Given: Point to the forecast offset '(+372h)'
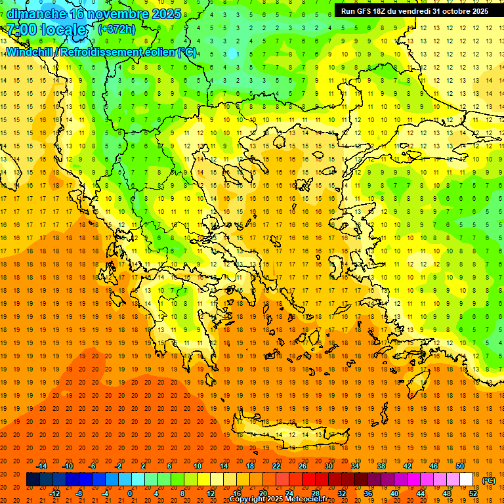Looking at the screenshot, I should click(x=117, y=30).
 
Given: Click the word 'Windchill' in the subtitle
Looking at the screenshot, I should click(x=29, y=52).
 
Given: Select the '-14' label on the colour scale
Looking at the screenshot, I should click(x=42, y=466).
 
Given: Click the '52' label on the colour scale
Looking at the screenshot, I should click(x=473, y=493).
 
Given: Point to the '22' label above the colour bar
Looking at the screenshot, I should click(x=276, y=466).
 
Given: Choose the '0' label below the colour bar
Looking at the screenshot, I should click(x=130, y=493).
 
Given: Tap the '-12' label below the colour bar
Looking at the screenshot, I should click(x=54, y=493).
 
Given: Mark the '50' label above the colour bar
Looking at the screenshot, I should click(x=460, y=466).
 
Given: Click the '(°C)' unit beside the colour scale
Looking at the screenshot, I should click(x=488, y=480).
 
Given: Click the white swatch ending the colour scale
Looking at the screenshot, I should click(x=467, y=480).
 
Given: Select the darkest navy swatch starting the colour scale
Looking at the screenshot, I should click(x=33, y=480).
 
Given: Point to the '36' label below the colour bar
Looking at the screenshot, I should click(x=368, y=493).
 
